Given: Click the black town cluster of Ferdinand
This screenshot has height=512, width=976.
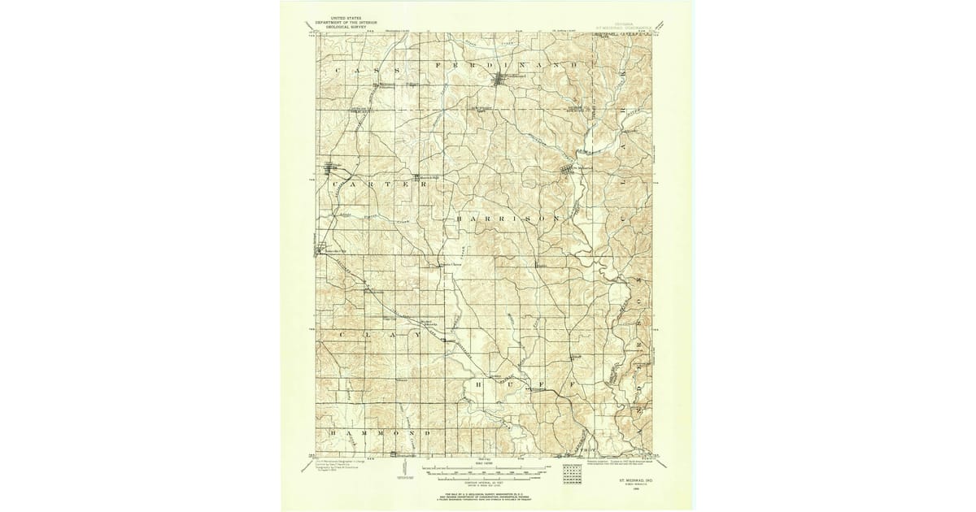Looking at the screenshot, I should pos(499,79).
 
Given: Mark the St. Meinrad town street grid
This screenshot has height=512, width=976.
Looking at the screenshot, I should pos(567,170).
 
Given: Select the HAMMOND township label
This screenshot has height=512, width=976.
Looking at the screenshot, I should pos(379,434).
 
